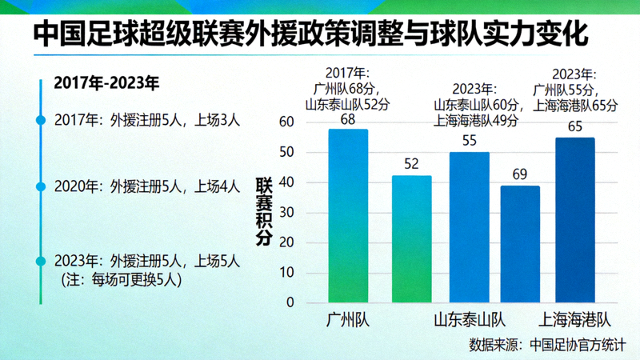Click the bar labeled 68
[x=348, y=215]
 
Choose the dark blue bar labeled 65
[x=574, y=220]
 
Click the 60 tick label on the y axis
[x=286, y=122]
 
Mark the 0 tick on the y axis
[x=290, y=302]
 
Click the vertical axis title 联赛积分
[x=263, y=211]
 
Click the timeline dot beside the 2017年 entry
[x=41, y=120]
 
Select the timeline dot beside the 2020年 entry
[x=41, y=186]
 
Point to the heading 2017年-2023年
[x=106, y=83]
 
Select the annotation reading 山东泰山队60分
[x=478, y=105]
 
